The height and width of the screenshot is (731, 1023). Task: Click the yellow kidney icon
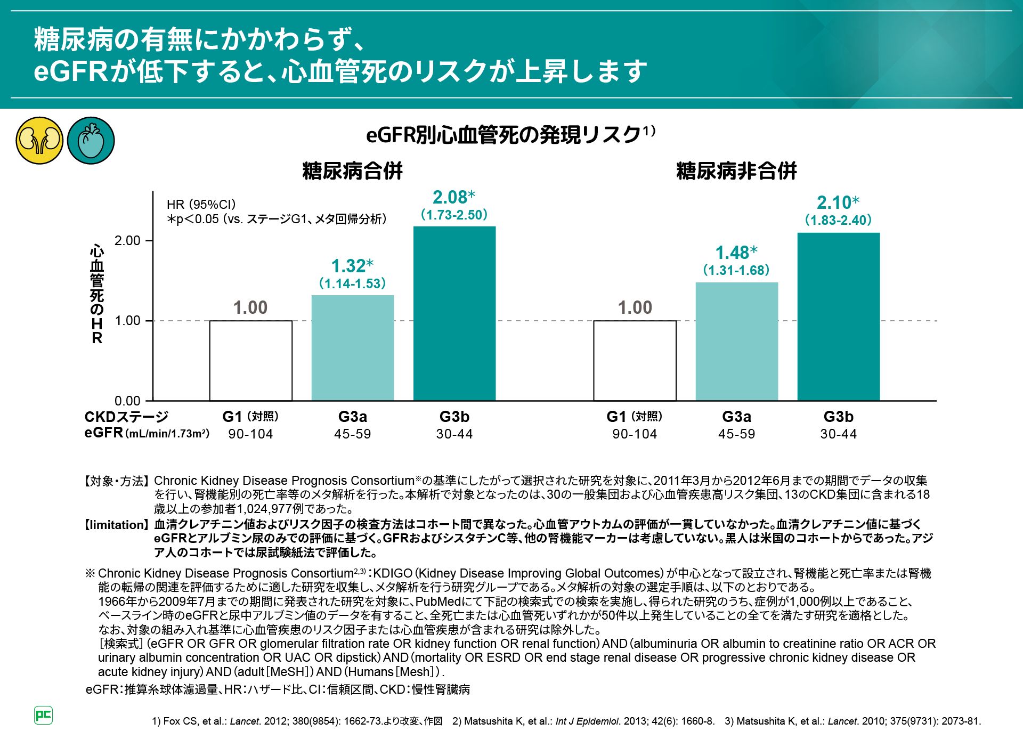pyautogui.click(x=39, y=141)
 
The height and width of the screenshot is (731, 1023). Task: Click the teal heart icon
pyautogui.click(x=91, y=141)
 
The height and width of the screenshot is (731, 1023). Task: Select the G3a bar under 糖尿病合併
pyautogui.click(x=353, y=347)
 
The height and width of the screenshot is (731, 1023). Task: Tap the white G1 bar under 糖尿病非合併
pyautogui.click(x=635, y=360)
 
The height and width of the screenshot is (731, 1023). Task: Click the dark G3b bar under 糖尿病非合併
pyautogui.click(x=838, y=316)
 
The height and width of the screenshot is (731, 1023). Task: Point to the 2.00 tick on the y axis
pyautogui.click(x=128, y=241)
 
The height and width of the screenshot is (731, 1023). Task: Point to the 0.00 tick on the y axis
pyautogui.click(x=128, y=401)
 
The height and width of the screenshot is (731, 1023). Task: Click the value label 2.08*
pyautogui.click(x=454, y=198)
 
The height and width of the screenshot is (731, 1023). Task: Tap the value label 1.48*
pyautogui.click(x=736, y=253)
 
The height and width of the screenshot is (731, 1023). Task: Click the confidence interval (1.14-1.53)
pyautogui.click(x=353, y=283)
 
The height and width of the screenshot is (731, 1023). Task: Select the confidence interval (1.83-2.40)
pyautogui.click(x=838, y=220)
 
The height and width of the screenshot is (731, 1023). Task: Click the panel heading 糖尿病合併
pyautogui.click(x=352, y=171)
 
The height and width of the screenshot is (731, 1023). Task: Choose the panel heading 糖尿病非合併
pyautogui.click(x=736, y=171)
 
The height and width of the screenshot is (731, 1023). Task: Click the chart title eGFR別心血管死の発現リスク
pyautogui.click(x=504, y=135)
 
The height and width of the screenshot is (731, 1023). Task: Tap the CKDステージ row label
pyautogui.click(x=126, y=417)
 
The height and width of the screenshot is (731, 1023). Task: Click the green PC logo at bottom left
pyautogui.click(x=43, y=715)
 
